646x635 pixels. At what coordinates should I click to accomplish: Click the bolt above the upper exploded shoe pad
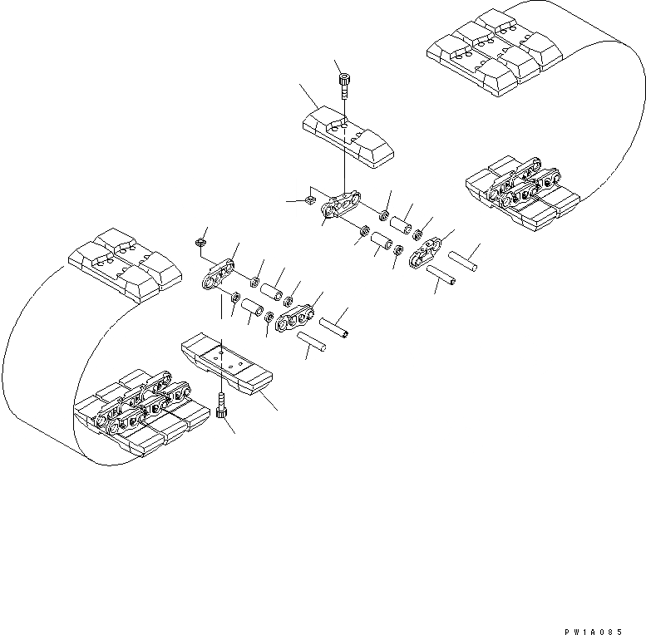(x=344, y=83)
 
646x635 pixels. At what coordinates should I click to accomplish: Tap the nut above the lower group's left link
(x=200, y=242)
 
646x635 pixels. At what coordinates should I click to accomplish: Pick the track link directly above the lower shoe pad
(x=219, y=275)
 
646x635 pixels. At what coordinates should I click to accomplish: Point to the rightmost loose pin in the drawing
(x=463, y=259)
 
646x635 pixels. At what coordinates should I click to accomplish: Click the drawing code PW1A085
(x=604, y=620)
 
